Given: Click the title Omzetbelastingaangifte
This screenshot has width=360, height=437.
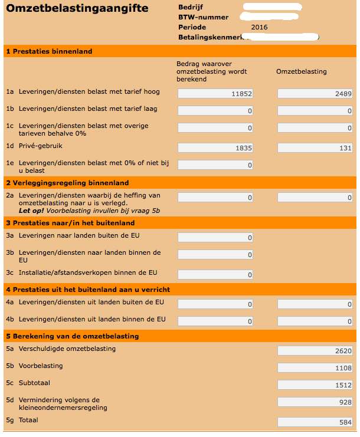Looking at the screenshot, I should coord(77,9).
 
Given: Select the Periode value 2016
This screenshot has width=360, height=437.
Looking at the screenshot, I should coord(259,27).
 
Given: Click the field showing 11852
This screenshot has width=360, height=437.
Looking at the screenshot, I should coord(215,93).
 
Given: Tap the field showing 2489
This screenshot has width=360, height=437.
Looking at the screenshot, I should coord(315,93).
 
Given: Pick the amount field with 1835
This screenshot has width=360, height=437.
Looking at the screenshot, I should coord(215,148).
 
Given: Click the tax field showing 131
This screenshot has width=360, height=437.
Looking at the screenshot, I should coord(315,148).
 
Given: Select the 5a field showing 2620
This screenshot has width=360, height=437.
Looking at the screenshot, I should coord(315,351).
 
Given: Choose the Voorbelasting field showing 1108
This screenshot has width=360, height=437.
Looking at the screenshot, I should coord(315,368).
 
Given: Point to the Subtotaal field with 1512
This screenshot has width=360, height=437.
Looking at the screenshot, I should coord(315,385).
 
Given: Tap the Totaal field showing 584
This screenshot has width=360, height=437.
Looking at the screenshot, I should coord(315,422).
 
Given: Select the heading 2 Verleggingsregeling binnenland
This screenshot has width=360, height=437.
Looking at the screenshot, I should coord(67,183).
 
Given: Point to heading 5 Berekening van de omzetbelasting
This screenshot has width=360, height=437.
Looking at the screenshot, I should coord(72,336).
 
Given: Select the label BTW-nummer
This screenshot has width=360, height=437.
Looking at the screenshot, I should coord(203,17).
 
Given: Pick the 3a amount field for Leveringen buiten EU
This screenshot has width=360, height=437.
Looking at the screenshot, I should coord(215,238).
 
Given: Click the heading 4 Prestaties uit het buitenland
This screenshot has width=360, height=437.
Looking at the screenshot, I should coord(88,290).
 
